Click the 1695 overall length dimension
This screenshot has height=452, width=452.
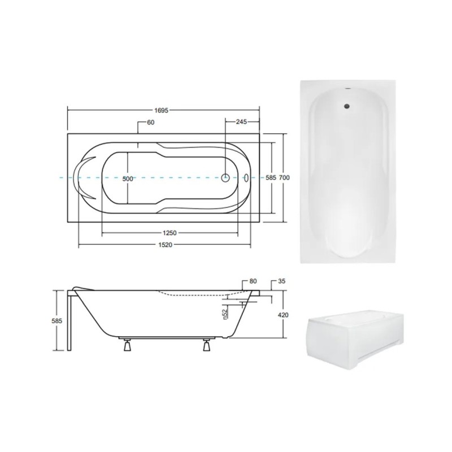pyautogui.click(x=161, y=111)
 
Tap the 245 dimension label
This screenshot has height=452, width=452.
pyautogui.click(x=241, y=122)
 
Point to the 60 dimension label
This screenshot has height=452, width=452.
pyautogui.click(x=151, y=123)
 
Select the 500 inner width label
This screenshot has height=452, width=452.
pyautogui.click(x=128, y=179)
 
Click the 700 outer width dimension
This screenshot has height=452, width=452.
pyautogui.click(x=284, y=178)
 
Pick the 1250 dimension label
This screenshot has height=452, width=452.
pyautogui.click(x=170, y=233)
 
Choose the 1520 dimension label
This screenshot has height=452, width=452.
pyautogui.click(x=165, y=245)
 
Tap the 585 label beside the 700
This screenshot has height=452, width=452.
pyautogui.click(x=271, y=178)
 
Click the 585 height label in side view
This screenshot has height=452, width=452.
pyautogui.click(x=57, y=320)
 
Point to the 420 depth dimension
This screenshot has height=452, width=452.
pyautogui.click(x=283, y=315)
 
